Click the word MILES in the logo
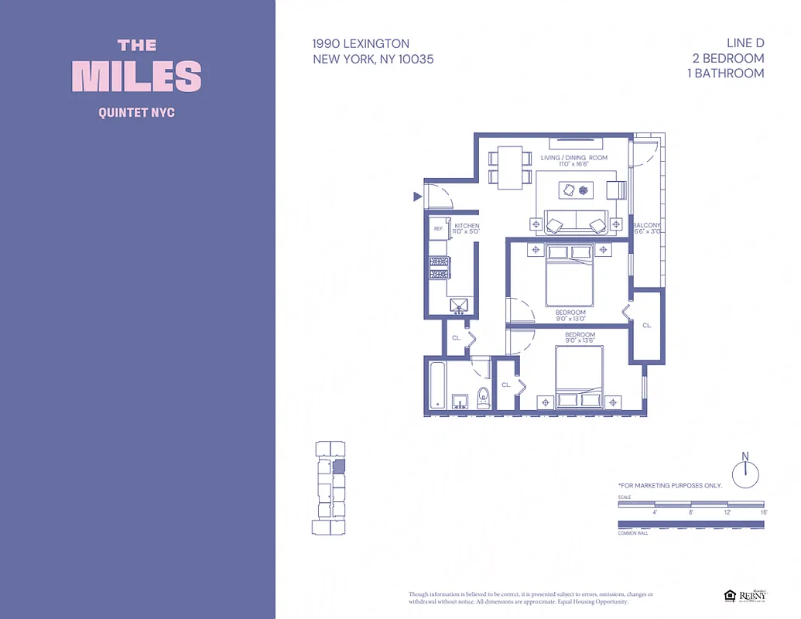pyautogui.click(x=137, y=77)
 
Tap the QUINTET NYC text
pyautogui.click(x=137, y=113)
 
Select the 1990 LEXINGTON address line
pyautogui.click(x=361, y=44)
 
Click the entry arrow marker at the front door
pyautogui.click(x=418, y=197)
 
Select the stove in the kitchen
pyautogui.click(x=439, y=268)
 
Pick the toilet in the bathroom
pyautogui.click(x=484, y=398)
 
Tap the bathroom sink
pyautogui.click(x=460, y=402)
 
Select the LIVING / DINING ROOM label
pyautogui.click(x=573, y=158)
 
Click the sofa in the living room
pyautogui.click(x=575, y=223)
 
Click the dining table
pyautogui.click(x=509, y=167)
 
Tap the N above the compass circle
pyautogui.click(x=745, y=456)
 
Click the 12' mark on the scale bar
pyautogui.click(x=727, y=512)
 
